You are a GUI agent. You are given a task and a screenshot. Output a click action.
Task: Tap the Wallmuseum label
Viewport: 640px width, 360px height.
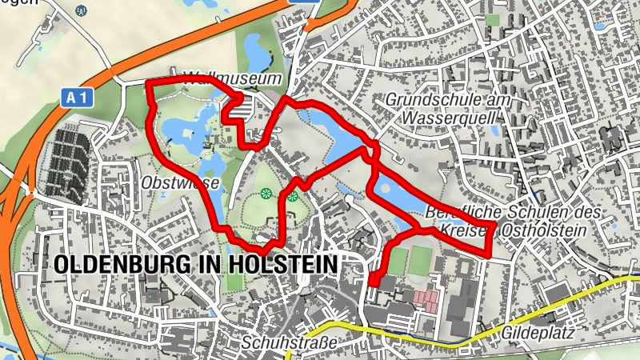pyautogui.click(x=233, y=79)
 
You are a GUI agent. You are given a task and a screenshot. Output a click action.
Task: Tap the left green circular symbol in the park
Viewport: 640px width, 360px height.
pyautogui.click(x=266, y=193)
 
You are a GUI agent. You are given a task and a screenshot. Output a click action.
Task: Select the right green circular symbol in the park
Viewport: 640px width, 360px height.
pyautogui.click(x=294, y=194)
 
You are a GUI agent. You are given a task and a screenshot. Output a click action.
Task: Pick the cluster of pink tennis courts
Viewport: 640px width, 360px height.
pyautogui.click(x=426, y=301)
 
